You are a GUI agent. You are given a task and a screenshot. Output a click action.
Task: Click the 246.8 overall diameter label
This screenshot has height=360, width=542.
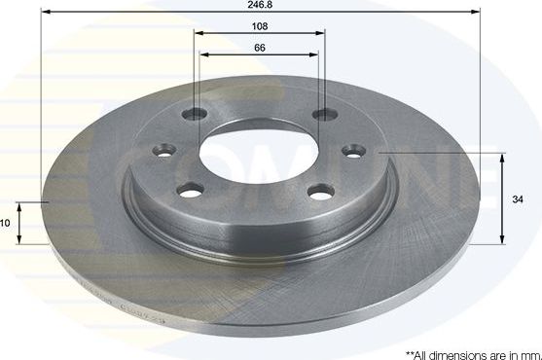pos(260,5)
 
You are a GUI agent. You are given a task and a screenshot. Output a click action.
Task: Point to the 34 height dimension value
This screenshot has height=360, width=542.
pos(518,199)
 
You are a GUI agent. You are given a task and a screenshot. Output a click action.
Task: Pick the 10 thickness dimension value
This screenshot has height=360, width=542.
pos(5,223)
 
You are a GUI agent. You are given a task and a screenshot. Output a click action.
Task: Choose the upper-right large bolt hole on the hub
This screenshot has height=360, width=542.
pos(322,116)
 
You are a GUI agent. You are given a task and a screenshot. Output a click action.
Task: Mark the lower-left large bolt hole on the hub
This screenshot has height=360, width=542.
pos(192,189)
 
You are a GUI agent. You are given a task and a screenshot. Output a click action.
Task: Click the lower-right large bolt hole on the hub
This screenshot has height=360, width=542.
pos(321,191)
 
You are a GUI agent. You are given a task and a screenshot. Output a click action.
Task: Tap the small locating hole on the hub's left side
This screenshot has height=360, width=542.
pos(163,151)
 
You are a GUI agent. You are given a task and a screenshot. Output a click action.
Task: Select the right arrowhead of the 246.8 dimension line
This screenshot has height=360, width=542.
pos(478,12)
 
